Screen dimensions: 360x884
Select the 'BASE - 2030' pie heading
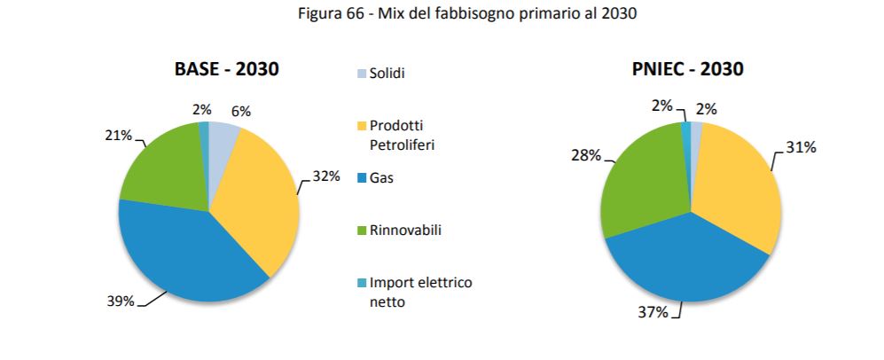(x=227, y=69)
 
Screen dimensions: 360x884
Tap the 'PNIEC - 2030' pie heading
(x=689, y=69)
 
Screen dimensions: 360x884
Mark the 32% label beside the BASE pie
(x=326, y=176)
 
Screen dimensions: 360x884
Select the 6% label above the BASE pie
(x=240, y=112)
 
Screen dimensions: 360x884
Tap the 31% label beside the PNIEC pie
(x=802, y=147)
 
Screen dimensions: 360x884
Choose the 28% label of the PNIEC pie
(x=585, y=156)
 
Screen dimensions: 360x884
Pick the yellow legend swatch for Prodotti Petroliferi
(x=360, y=126)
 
